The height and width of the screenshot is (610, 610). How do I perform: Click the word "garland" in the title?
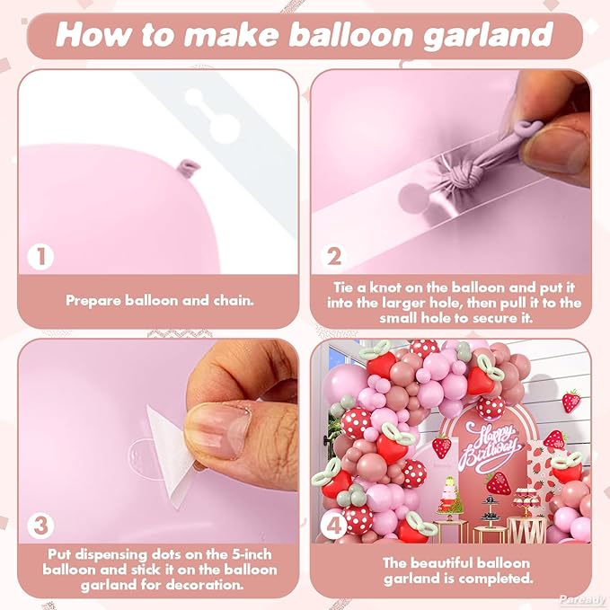(x=488, y=34)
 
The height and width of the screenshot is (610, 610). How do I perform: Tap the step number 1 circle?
(x=40, y=256)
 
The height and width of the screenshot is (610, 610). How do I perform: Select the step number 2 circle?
(x=334, y=256)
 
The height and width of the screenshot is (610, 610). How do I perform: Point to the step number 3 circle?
(x=40, y=526)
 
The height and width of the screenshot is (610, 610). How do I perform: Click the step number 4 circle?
(x=334, y=526)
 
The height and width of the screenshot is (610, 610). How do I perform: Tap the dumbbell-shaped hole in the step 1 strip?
(x=212, y=115)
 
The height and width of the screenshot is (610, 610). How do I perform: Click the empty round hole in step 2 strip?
(x=413, y=198)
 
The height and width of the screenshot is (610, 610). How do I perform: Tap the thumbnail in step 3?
(x=217, y=430)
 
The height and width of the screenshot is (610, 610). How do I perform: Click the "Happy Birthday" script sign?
(x=491, y=447)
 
